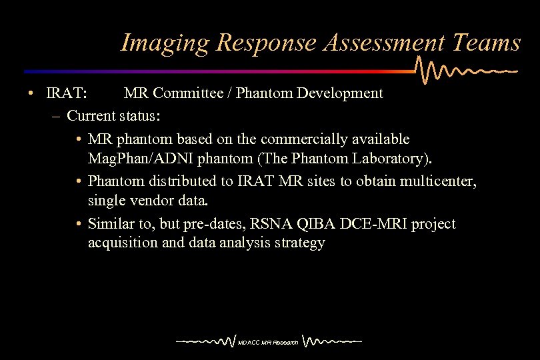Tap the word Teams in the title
tap(486, 43)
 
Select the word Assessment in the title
tap(383, 43)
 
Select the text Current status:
tap(113, 115)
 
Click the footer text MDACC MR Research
tap(268, 343)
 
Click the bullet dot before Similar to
tap(79, 224)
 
